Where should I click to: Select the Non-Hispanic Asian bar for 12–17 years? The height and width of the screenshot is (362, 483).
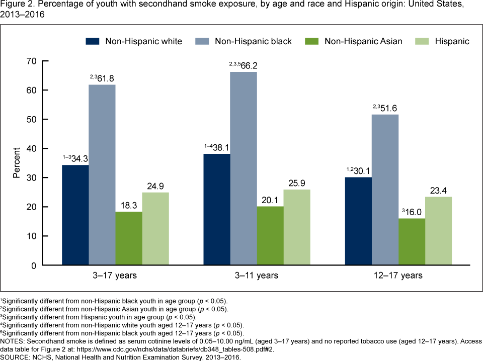tap(412, 242)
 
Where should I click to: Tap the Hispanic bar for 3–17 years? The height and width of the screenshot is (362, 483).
tap(156, 229)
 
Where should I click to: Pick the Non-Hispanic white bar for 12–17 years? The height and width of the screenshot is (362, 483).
tap(359, 221)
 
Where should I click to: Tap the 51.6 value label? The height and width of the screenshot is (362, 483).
tap(389, 108)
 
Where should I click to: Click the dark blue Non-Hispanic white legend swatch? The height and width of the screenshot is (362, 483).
tap(93, 41)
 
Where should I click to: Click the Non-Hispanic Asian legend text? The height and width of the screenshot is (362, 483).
tap(364, 41)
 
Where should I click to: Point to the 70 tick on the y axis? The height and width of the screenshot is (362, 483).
tap(31, 61)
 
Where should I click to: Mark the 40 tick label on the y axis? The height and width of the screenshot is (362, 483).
tap(31, 148)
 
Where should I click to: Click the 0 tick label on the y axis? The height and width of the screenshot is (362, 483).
tap(34, 265)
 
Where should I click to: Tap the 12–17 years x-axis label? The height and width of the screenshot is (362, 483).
tap(398, 276)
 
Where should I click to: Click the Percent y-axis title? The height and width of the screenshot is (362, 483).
tap(17, 163)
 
